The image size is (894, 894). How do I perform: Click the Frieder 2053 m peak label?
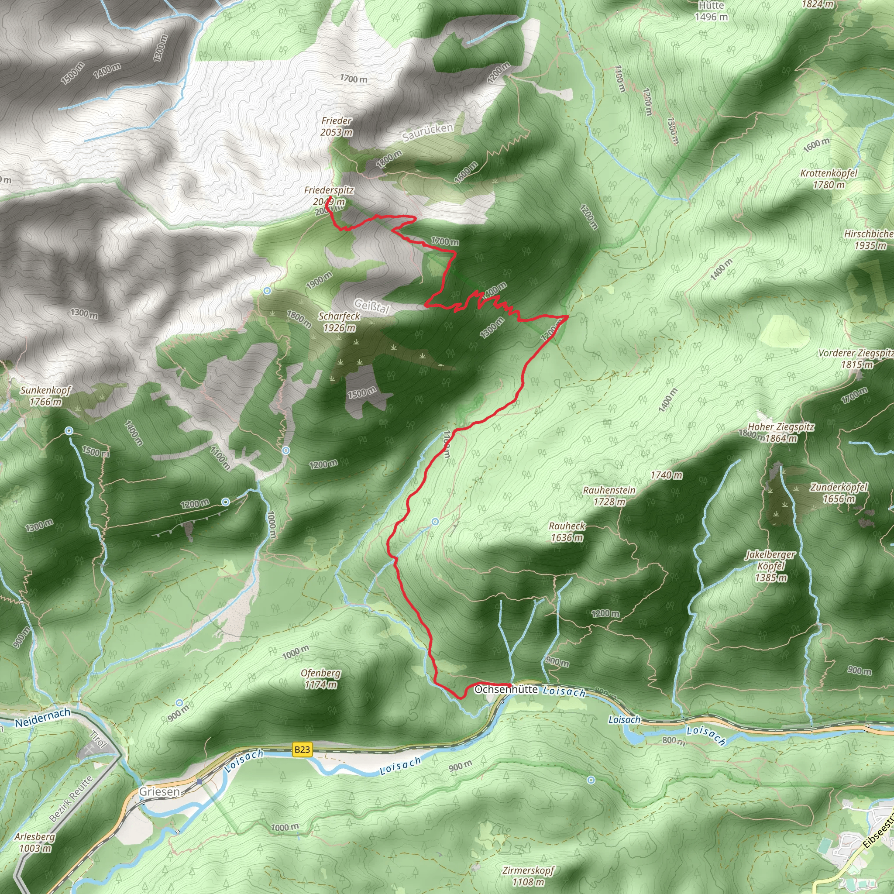337,126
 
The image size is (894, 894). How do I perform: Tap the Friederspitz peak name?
329,190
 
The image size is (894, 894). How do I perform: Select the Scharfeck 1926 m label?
339,322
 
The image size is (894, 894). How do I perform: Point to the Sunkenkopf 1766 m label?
45,395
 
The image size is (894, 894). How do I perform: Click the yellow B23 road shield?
302,749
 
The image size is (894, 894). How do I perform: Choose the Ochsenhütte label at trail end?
506,689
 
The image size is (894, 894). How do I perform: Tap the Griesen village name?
160,791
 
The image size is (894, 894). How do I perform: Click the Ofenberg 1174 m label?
320,679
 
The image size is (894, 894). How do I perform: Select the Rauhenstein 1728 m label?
609,495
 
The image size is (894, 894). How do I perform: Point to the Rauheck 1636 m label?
567,532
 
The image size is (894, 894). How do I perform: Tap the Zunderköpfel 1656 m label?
839,493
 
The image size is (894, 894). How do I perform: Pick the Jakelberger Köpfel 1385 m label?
770,565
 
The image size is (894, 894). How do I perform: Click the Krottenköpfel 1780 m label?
829,179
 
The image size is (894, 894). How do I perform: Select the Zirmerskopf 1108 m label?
528,876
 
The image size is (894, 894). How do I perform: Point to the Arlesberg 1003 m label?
35,842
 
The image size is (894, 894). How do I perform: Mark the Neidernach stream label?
43,718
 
